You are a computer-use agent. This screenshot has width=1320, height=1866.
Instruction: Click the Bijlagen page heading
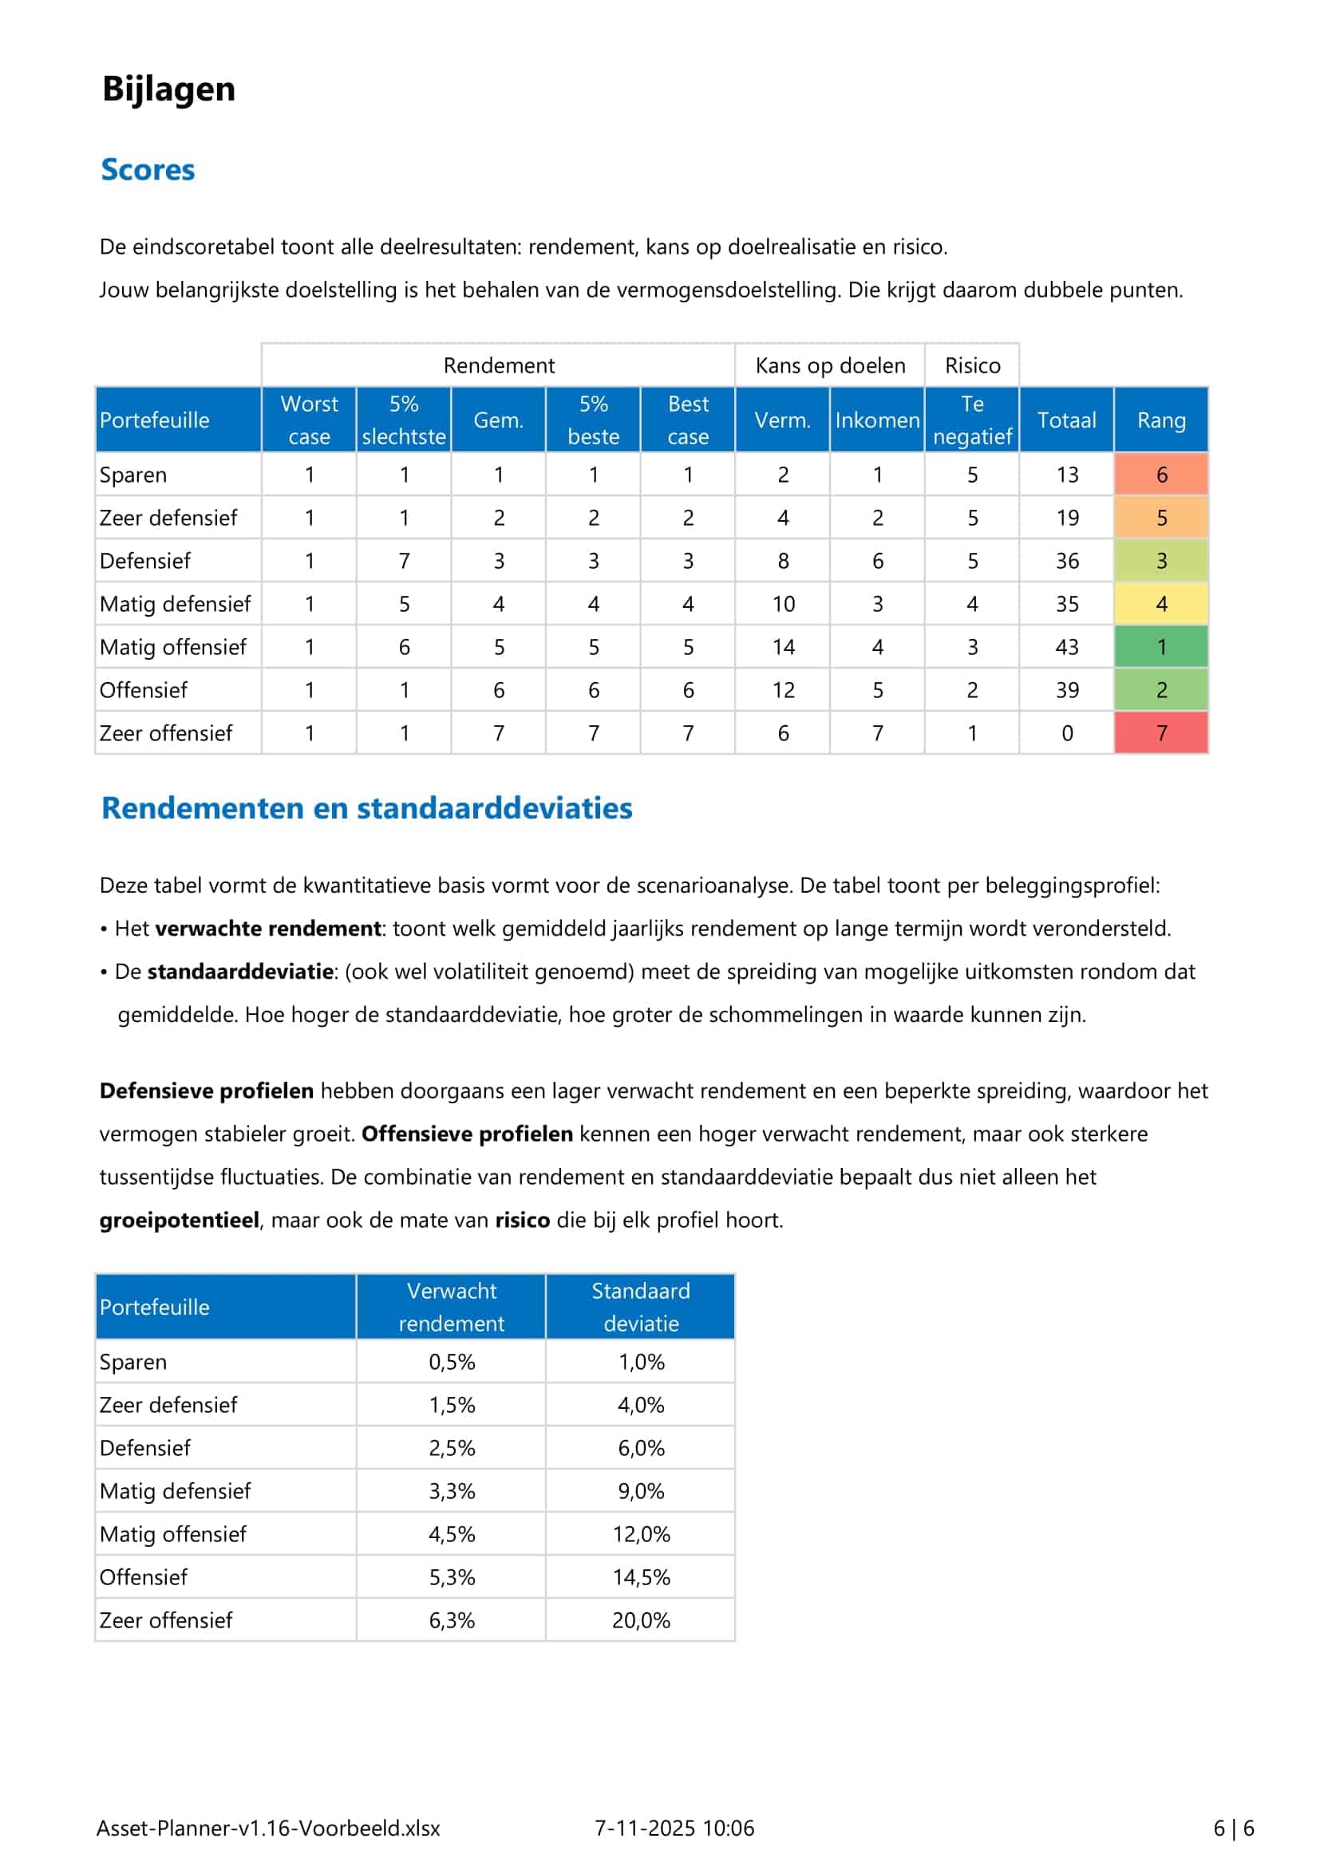tap(168, 89)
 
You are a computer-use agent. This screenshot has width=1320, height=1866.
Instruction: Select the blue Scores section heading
tap(148, 170)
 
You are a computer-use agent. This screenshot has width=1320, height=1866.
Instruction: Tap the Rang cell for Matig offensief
tap(1160, 647)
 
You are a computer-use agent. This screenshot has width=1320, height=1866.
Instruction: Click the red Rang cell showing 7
tap(1160, 733)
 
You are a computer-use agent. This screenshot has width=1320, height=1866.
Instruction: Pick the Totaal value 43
tap(1066, 647)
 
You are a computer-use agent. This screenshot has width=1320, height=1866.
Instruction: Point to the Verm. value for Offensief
tap(783, 690)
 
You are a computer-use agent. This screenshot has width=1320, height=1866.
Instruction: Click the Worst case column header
tap(309, 420)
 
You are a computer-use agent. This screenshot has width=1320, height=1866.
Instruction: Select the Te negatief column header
tap(972, 420)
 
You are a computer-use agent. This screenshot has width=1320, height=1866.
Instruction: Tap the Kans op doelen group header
tap(830, 365)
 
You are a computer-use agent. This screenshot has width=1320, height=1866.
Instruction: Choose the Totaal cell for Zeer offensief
tap(1066, 733)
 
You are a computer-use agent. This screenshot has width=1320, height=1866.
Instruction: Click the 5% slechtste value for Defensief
tap(404, 561)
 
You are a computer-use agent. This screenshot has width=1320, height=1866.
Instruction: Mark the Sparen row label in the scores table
tap(133, 475)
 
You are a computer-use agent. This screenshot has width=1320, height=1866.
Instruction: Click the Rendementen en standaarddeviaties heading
tap(366, 808)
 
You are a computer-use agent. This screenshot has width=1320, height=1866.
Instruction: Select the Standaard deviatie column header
tap(641, 1307)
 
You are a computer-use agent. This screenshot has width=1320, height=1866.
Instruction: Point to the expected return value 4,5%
tap(452, 1534)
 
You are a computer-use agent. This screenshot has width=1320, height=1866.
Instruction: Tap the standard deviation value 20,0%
tap(641, 1620)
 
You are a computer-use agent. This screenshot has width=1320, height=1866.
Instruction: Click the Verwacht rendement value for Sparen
tap(452, 1362)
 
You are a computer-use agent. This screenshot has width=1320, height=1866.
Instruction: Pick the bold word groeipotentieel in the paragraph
tap(180, 1220)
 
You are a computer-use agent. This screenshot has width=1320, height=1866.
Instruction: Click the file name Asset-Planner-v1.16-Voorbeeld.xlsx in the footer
tap(268, 1828)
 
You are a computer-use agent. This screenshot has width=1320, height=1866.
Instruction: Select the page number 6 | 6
tap(1233, 1828)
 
